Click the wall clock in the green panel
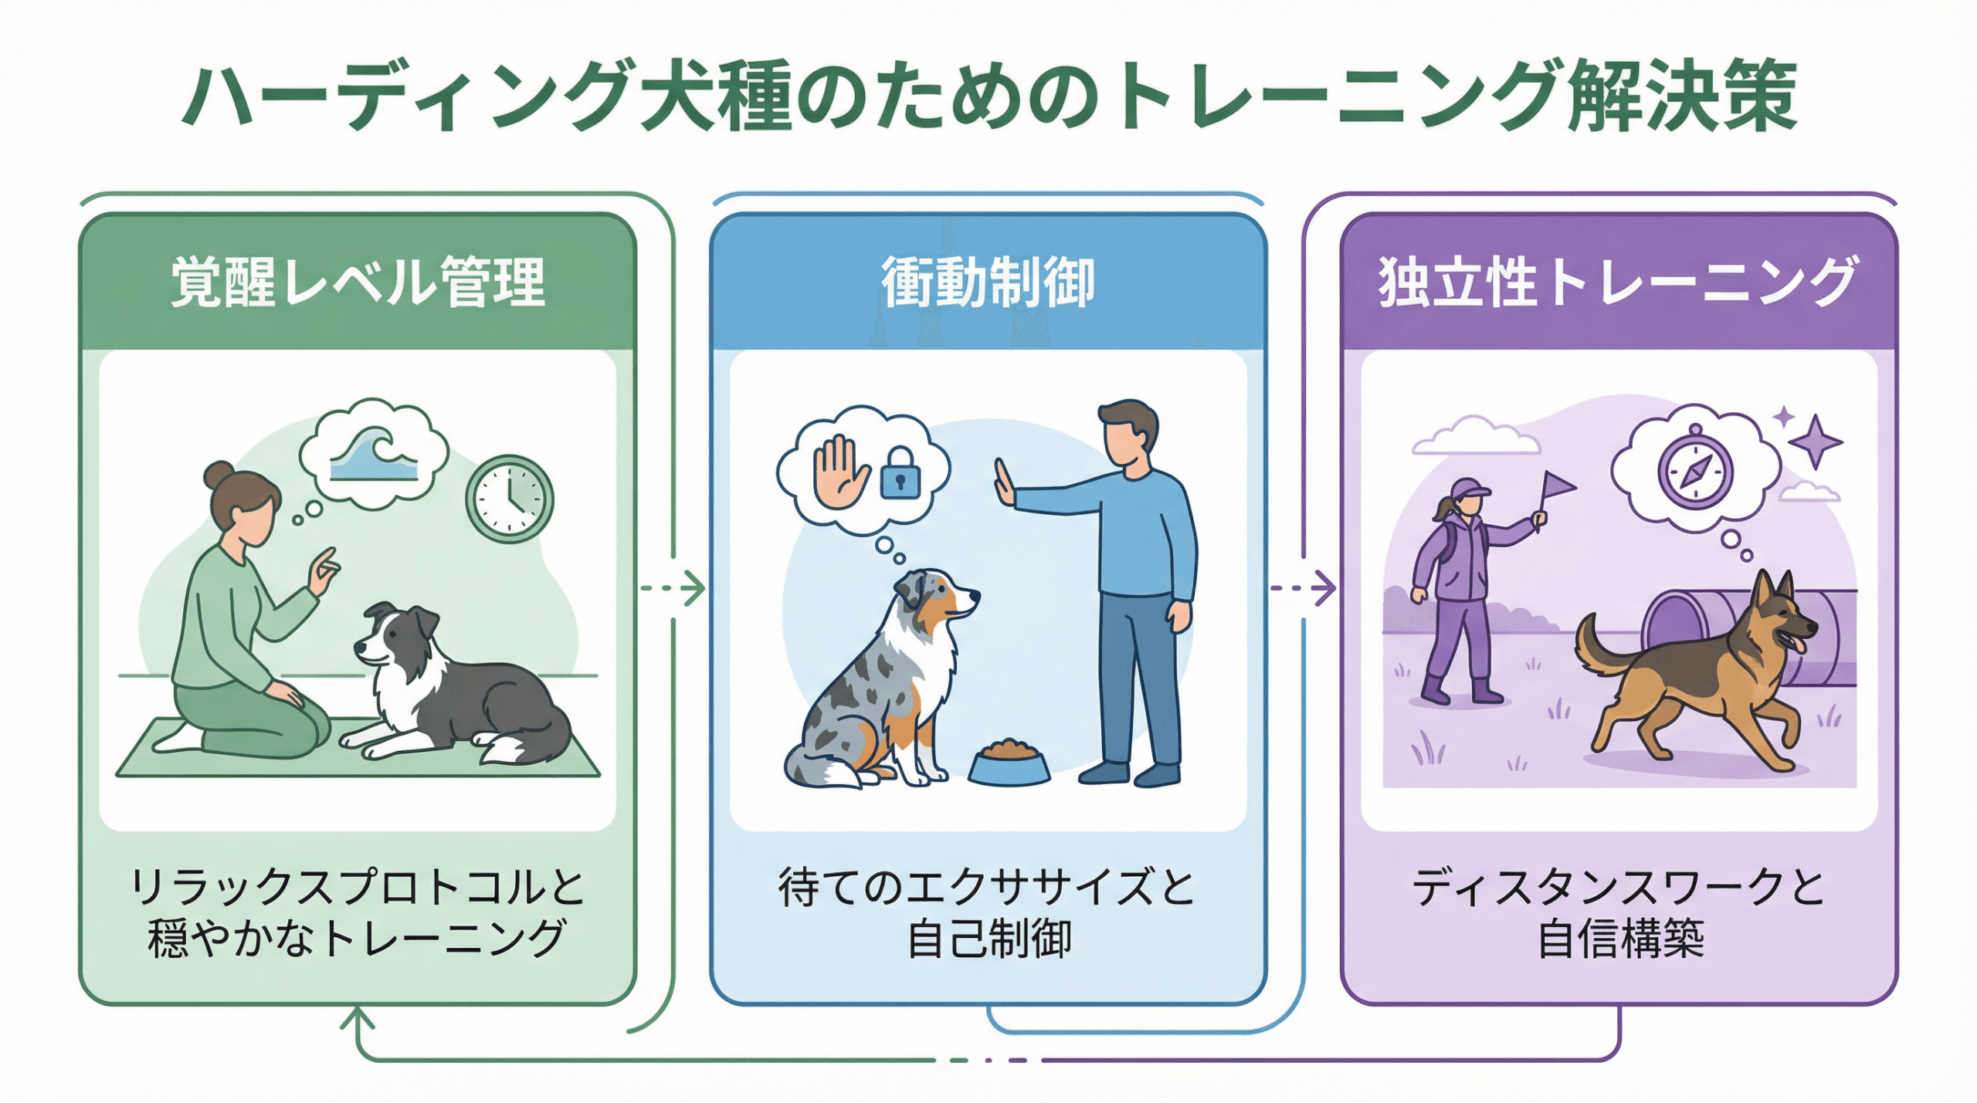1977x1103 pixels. [509, 498]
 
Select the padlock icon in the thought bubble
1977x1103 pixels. [900, 473]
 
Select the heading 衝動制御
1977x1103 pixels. [988, 283]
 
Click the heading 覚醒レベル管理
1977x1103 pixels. [358, 283]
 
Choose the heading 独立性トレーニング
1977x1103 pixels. [1618, 283]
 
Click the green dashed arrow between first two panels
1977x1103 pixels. [673, 589]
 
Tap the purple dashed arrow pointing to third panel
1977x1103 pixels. [1304, 589]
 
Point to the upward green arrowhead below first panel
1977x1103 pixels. [357, 1019]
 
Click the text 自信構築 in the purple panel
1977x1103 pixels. [1619, 939]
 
